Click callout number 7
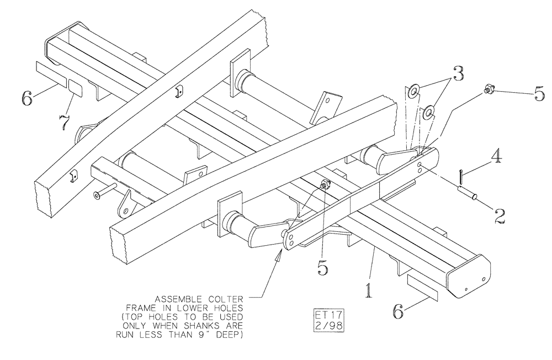[x=65, y=121]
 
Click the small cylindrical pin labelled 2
[x=466, y=194]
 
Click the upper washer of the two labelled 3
[x=413, y=90]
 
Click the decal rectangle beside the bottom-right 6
[x=422, y=288]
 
